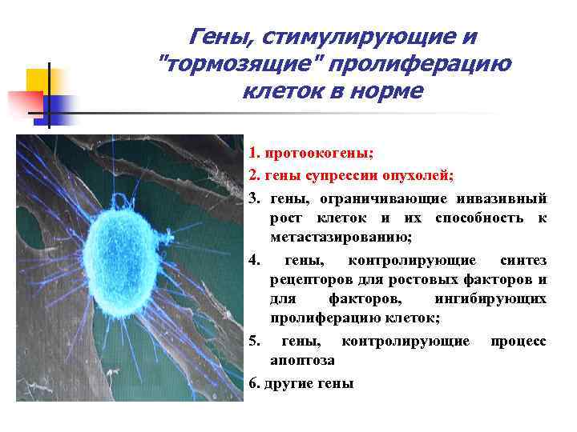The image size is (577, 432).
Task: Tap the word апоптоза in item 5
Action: (303, 362)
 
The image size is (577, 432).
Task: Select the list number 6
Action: (255, 384)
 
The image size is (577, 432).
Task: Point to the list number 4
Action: (255, 261)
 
